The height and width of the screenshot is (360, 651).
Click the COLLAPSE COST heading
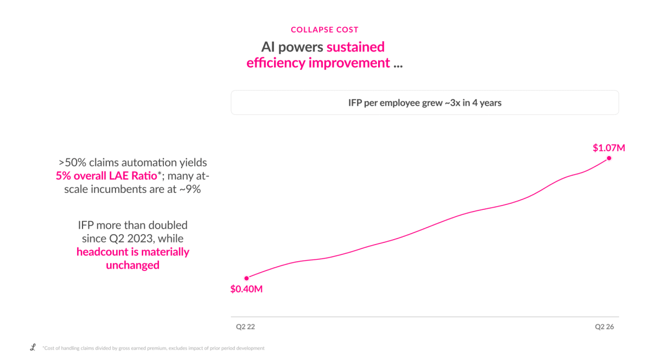pyautogui.click(x=324, y=30)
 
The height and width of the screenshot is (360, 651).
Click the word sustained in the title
pyautogui.click(x=355, y=47)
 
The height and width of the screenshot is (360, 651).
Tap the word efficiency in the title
pyautogui.click(x=276, y=63)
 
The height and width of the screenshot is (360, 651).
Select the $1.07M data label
pyautogui.click(x=609, y=148)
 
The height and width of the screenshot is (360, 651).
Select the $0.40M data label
pyautogui.click(x=246, y=289)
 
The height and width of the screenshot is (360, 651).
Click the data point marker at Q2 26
pyautogui.click(x=609, y=158)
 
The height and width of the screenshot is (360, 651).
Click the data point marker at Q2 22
pyautogui.click(x=246, y=278)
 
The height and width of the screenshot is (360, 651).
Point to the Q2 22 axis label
pyautogui.click(x=245, y=326)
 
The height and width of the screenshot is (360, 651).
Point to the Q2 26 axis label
pyautogui.click(x=604, y=326)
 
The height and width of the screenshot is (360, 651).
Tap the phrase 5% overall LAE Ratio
pyautogui.click(x=106, y=176)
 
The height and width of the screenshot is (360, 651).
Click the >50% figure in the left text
pyautogui.click(x=72, y=163)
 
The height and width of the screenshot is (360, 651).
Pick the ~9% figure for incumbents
pyautogui.click(x=190, y=189)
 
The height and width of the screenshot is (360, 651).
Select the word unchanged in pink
pyautogui.click(x=132, y=265)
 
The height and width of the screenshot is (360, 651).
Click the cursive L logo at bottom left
pyautogui.click(x=33, y=347)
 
